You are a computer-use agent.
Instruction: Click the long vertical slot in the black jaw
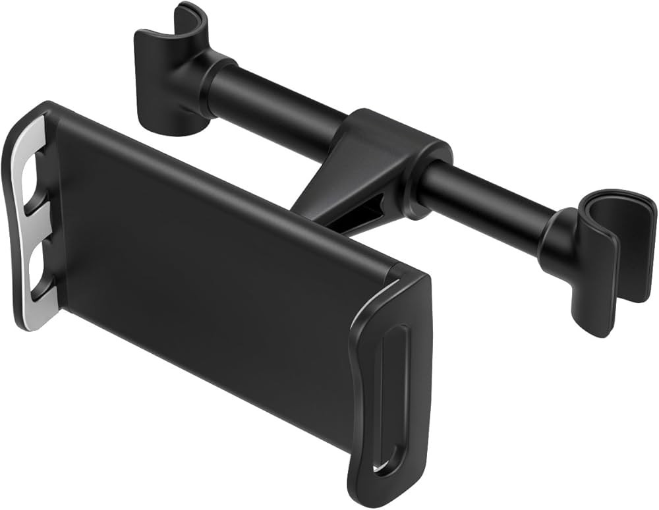386,389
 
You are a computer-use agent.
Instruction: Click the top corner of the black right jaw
415,277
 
